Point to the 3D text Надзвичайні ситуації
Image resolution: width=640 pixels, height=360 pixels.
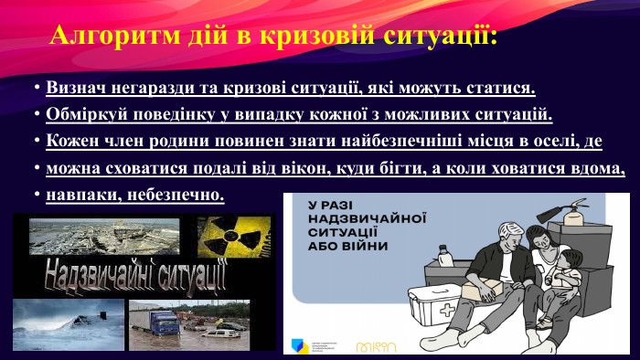pyautogui.click(x=135, y=275)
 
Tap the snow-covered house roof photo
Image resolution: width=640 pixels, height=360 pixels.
pyautogui.click(x=69, y=325)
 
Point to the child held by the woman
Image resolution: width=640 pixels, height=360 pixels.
pyautogui.click(x=566, y=274)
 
